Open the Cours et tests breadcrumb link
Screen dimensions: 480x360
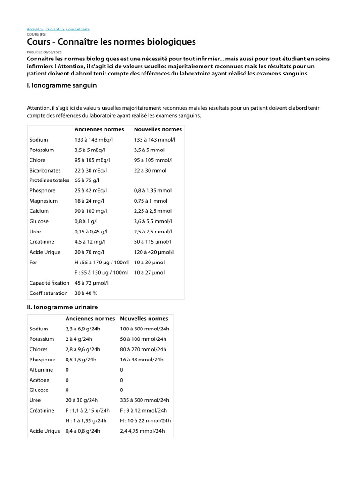(78, 29)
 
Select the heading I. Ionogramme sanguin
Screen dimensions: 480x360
(62, 86)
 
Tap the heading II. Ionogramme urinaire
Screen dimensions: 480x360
(63, 307)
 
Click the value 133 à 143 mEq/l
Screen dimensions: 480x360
(94, 140)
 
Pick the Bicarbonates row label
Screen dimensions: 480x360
(45, 170)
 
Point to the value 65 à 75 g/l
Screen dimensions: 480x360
(87, 180)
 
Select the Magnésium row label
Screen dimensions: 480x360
(44, 201)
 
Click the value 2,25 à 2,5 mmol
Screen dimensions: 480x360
(153, 211)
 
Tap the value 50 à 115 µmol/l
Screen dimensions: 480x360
(153, 242)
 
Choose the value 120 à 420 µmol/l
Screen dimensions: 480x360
(154, 252)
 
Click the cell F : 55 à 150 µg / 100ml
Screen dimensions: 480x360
(101, 272)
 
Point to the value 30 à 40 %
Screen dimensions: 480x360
(86, 293)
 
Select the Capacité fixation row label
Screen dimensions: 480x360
(49, 283)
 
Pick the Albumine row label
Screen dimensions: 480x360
(42, 370)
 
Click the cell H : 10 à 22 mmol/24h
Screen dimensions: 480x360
(145, 420)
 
